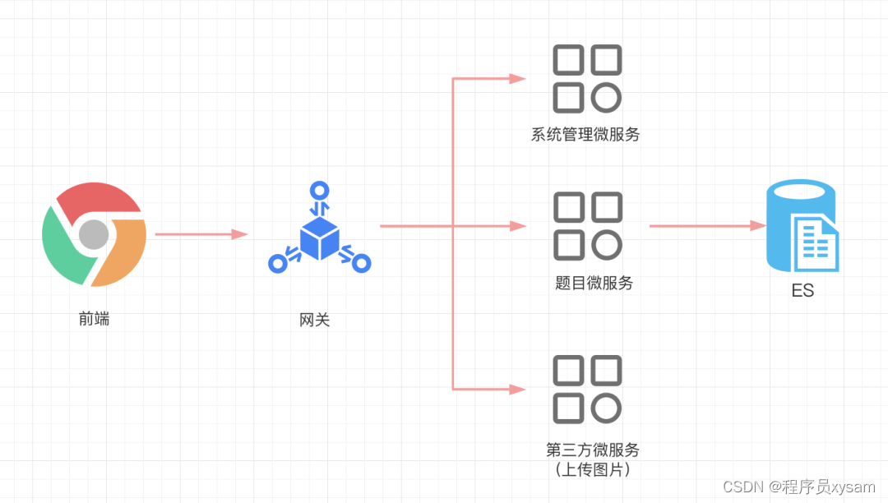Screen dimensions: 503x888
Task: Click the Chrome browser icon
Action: pos(94,234)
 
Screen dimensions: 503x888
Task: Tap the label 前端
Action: pos(94,320)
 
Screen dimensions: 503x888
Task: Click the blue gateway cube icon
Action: pos(319,236)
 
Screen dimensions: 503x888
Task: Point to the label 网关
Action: pos(315,320)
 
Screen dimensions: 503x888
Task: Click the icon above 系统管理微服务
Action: pos(587,79)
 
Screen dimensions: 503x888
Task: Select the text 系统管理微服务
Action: pos(585,135)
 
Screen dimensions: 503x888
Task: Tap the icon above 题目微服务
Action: pos(587,226)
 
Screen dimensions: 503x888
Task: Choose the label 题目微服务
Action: pos(594,284)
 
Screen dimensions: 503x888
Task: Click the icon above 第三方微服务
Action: pos(587,389)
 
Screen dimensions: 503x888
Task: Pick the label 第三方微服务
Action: pos(592,450)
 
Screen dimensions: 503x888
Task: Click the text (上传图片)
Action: pos(592,469)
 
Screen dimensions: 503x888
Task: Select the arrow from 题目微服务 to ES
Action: pos(707,225)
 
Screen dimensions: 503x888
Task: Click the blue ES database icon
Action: pos(802,226)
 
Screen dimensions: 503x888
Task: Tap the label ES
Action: pos(802,291)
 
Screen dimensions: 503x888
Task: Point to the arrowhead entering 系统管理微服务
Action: pos(518,79)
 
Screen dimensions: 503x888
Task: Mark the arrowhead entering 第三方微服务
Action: pos(518,389)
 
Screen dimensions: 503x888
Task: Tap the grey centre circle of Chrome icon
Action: pos(94,235)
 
